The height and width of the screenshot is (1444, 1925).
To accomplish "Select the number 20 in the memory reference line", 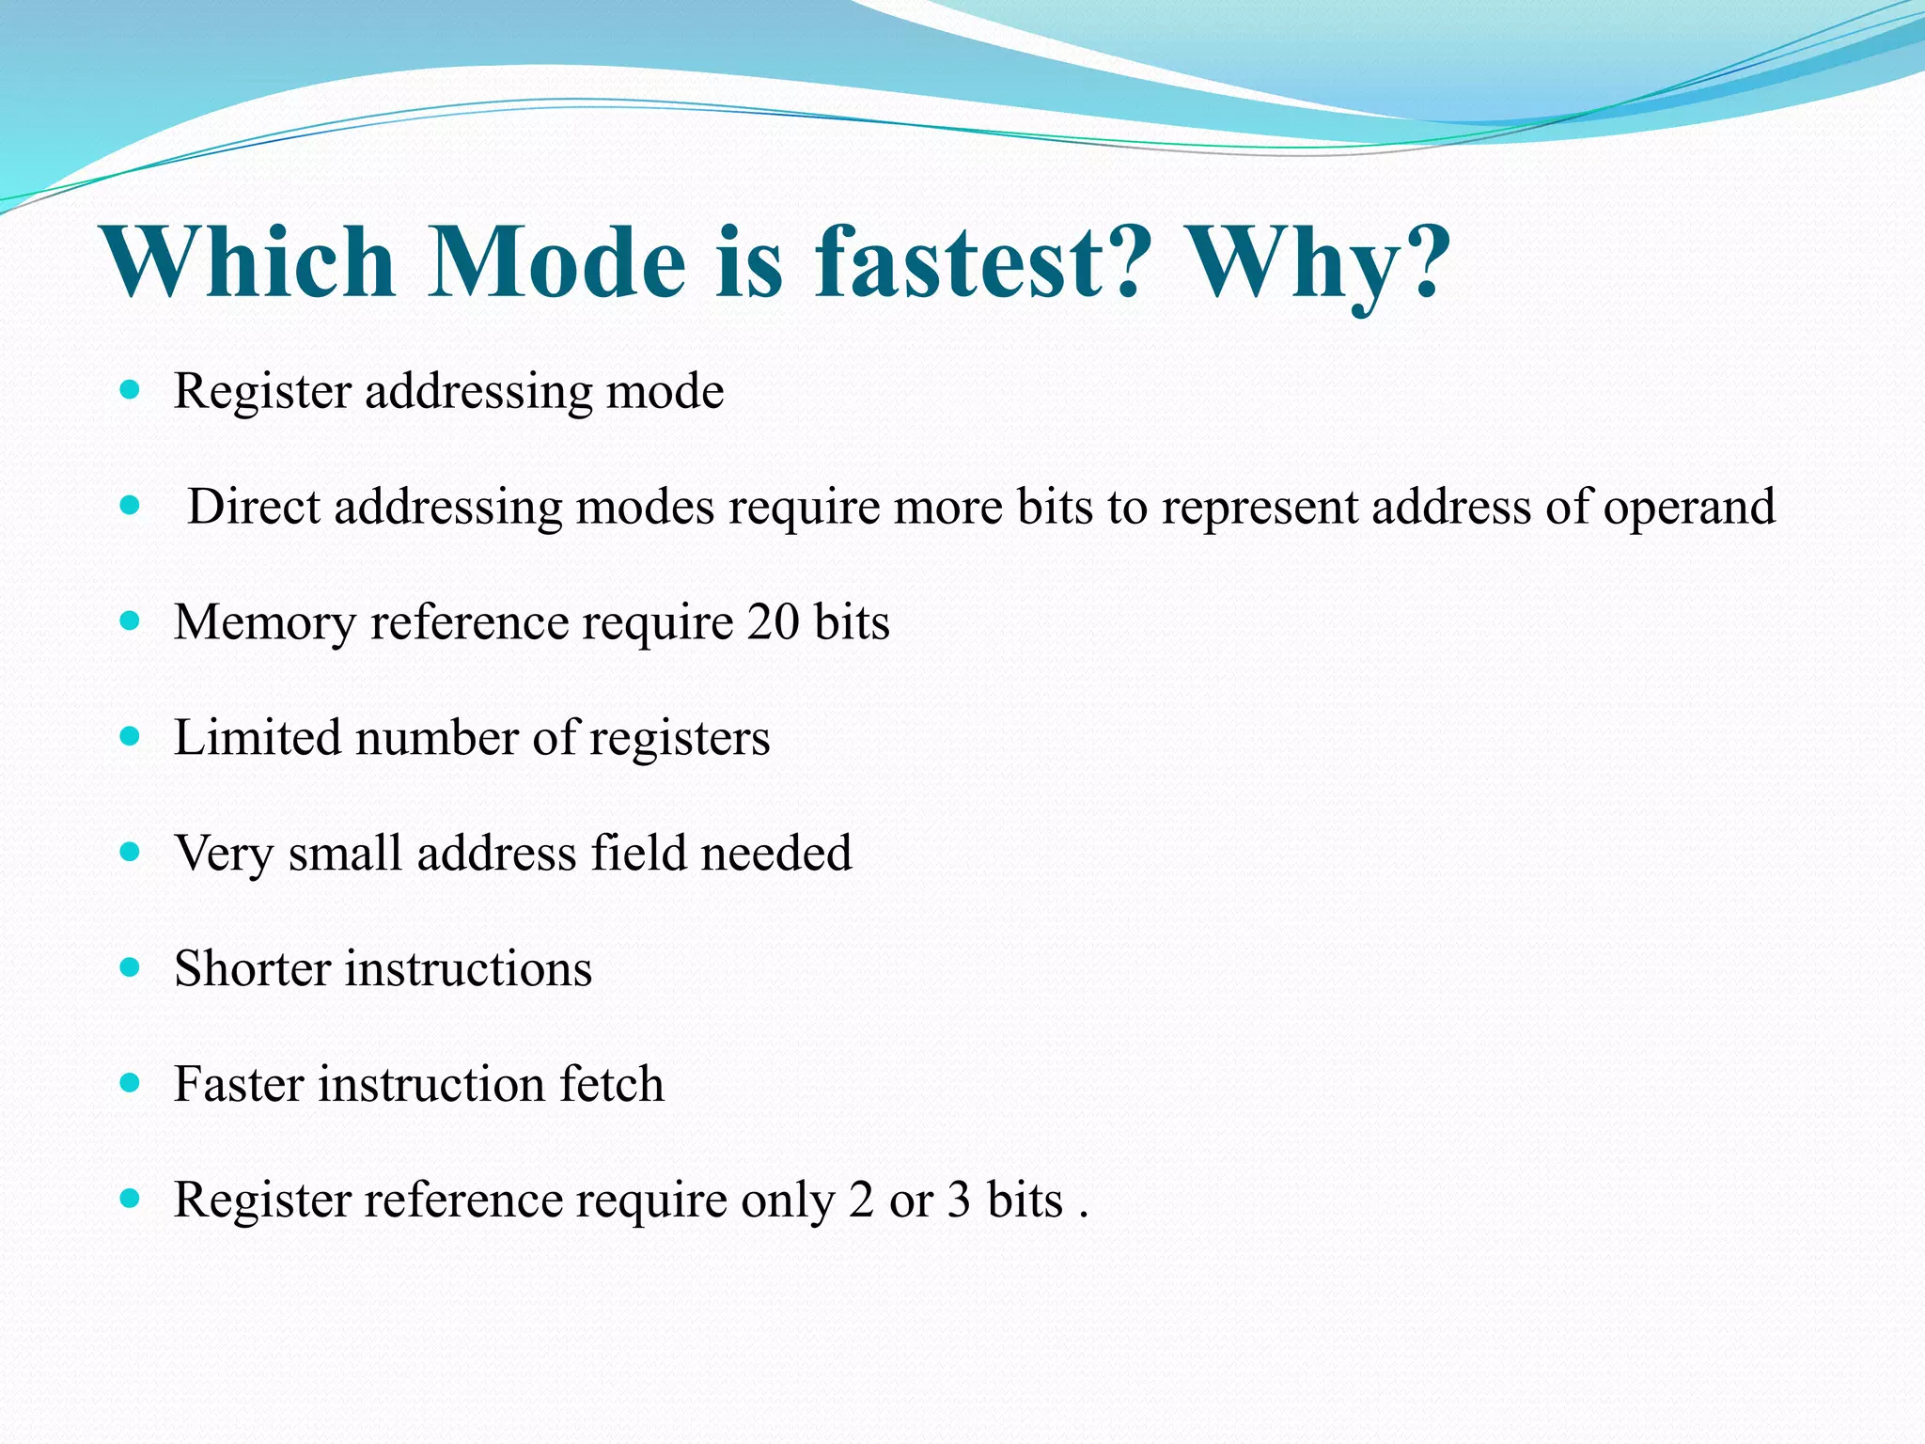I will point(773,623).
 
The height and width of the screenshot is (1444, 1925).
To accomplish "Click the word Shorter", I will point(252,969).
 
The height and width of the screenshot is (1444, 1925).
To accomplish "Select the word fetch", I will point(612,1085).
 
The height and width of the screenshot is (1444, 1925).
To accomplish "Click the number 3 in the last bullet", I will point(959,1201).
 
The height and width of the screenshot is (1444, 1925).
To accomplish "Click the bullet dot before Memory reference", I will point(131,621).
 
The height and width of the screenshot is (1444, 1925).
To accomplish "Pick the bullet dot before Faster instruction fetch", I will point(131,1083).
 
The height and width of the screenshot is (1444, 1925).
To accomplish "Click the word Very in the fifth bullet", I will point(224,855).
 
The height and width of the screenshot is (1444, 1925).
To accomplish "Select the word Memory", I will point(265,623).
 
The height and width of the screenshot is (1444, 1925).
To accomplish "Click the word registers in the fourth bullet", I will point(679,739).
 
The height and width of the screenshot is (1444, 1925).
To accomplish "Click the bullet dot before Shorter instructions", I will point(131,967).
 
